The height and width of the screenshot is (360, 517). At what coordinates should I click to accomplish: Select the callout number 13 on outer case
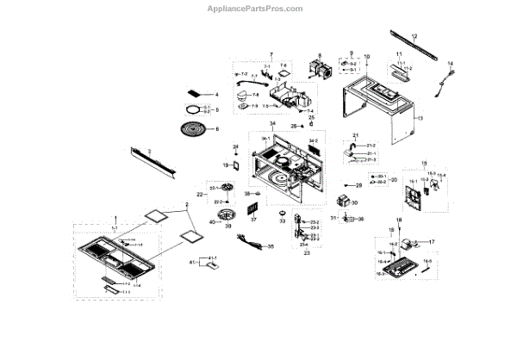(x=421, y=118)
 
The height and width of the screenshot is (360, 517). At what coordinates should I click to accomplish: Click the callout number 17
(x=432, y=243)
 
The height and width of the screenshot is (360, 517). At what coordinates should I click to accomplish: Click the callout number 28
(x=358, y=185)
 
